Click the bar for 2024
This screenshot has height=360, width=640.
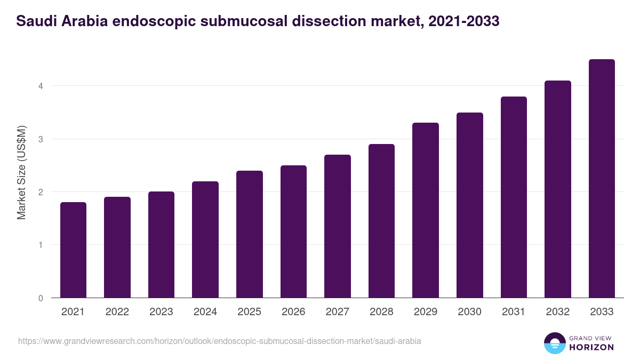pyautogui.click(x=205, y=239)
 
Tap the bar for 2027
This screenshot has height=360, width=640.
pyautogui.click(x=338, y=226)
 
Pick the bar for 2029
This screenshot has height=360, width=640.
pyautogui.click(x=426, y=210)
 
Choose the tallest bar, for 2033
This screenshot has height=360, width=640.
pyautogui.click(x=602, y=178)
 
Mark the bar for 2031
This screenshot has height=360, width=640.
pyautogui.click(x=514, y=197)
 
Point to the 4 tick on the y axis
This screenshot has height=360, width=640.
pyautogui.click(x=41, y=86)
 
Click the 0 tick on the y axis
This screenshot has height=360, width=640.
pyautogui.click(x=41, y=298)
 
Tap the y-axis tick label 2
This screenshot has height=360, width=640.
pyautogui.click(x=41, y=192)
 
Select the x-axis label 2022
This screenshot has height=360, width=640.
pyautogui.click(x=117, y=312)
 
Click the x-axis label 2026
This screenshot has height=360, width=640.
pyautogui.click(x=293, y=312)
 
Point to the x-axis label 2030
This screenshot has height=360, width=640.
pyautogui.click(x=469, y=312)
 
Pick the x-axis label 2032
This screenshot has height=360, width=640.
pyautogui.click(x=558, y=312)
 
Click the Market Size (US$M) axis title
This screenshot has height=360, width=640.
pyautogui.click(x=22, y=172)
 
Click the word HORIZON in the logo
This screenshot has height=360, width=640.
pyautogui.click(x=590, y=347)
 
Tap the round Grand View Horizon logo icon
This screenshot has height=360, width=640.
pyautogui.click(x=555, y=343)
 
